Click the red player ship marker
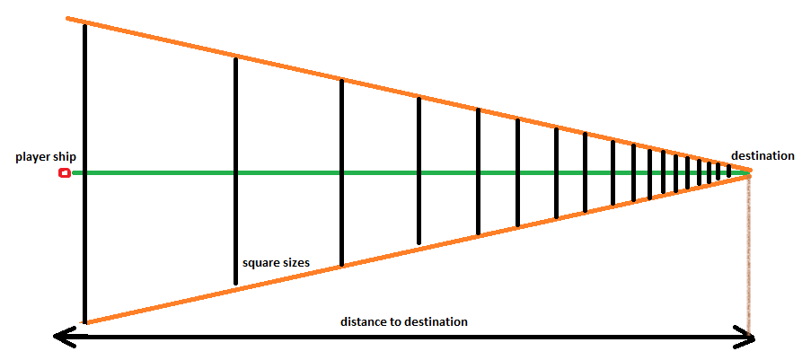coord(64,172)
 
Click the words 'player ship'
coord(46,157)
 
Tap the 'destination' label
coord(762,155)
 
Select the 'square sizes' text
coord(276,263)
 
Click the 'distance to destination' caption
coord(404,321)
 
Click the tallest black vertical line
coord(84,108)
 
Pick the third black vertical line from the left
coord(341,126)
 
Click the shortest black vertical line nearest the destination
coord(728,171)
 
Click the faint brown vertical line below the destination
coord(748,260)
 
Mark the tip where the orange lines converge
coord(751,172)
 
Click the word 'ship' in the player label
coord(63,157)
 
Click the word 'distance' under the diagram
coord(364,321)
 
